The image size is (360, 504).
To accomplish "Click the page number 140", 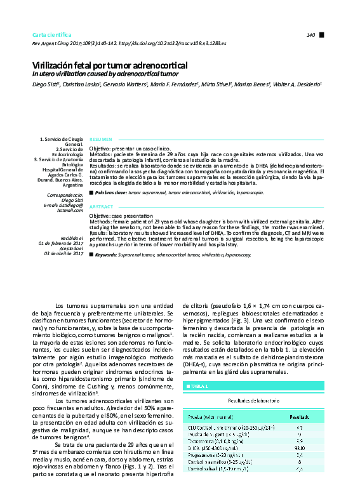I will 310,34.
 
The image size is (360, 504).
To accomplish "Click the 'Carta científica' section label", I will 52,34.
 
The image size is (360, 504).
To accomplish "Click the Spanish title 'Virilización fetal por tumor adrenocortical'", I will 110,65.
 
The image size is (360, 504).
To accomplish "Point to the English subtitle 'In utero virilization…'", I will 105,74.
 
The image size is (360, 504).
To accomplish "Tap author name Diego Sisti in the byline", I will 46,83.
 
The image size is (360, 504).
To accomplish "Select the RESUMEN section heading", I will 101,138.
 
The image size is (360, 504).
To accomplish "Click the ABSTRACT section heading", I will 102,207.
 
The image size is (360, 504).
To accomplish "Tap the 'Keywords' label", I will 109,254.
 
